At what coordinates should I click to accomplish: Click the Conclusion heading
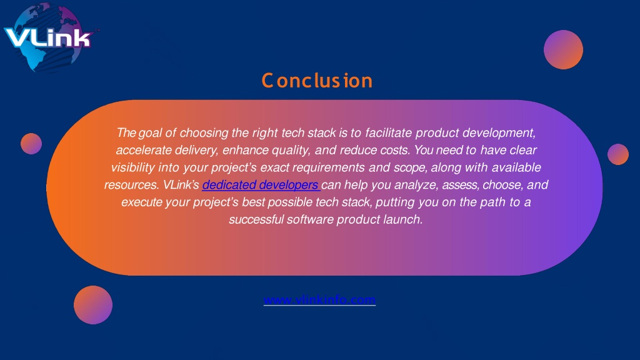(317, 81)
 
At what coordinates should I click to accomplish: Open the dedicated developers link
(261, 185)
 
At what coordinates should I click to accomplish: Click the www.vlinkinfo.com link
(319, 299)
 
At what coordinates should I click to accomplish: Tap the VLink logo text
(47, 38)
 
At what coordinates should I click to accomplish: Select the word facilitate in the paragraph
(389, 132)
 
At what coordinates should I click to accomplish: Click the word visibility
(132, 167)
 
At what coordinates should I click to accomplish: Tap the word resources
(132, 185)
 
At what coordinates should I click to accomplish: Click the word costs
(395, 150)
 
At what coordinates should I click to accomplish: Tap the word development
(498, 133)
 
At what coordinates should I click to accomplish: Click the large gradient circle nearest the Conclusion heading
(563, 49)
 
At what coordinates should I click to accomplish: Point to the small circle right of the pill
(618, 154)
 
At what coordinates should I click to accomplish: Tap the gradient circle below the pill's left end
(93, 305)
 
